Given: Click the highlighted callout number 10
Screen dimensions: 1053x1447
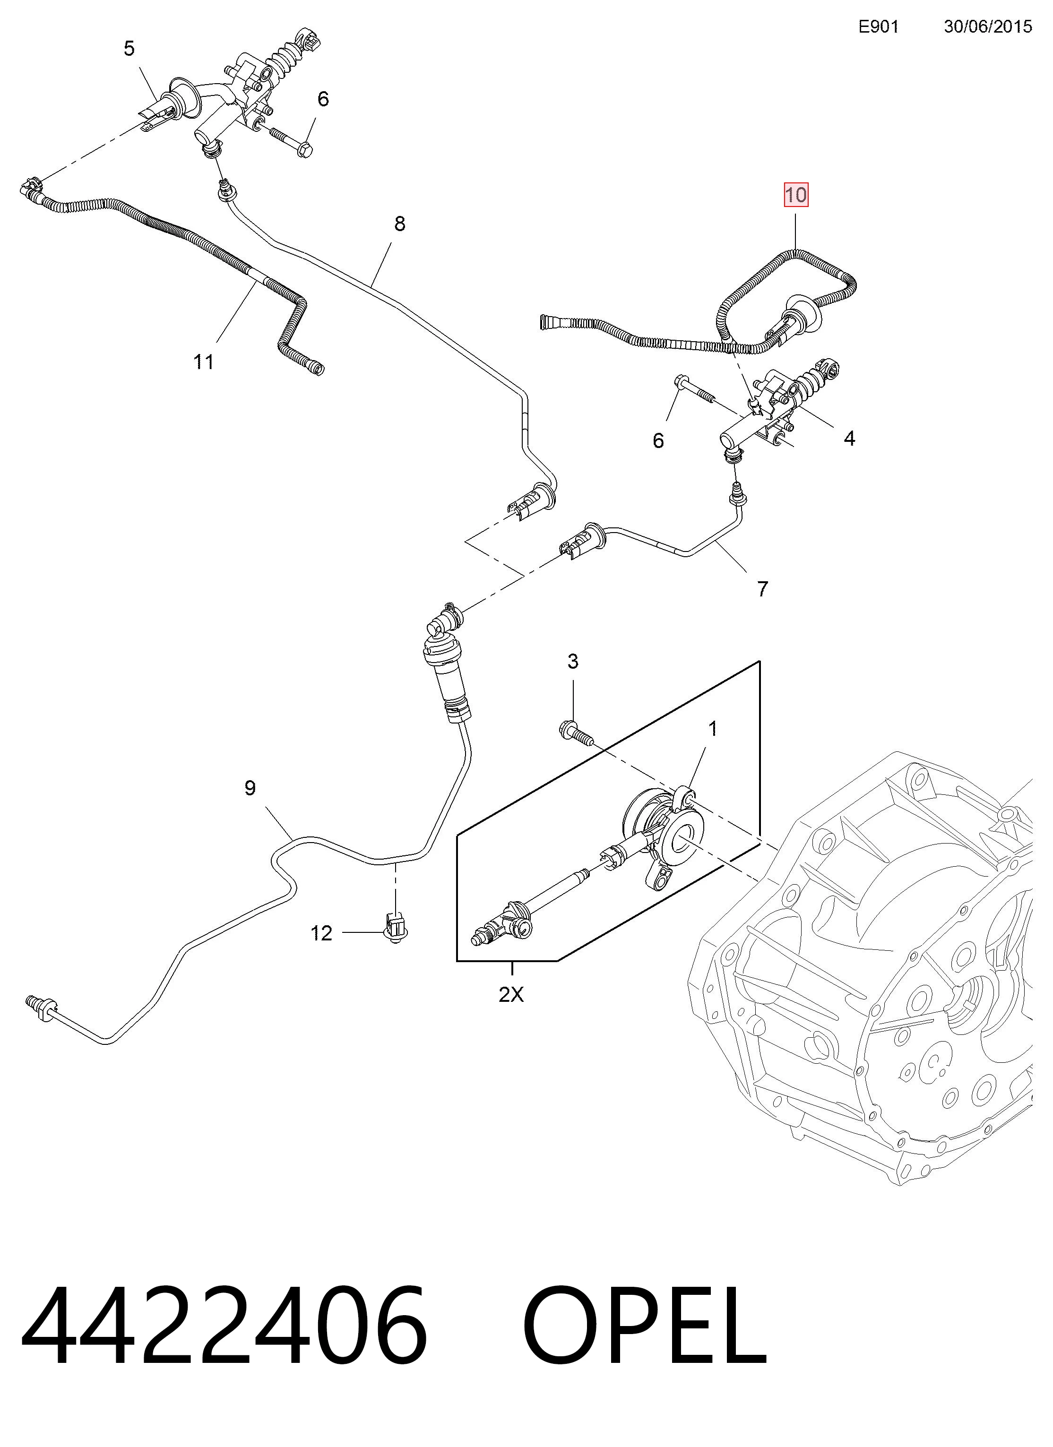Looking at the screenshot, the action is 796,195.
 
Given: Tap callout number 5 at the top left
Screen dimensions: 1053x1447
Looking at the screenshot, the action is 129,49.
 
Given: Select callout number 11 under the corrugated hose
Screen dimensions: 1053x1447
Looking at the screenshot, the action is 204,362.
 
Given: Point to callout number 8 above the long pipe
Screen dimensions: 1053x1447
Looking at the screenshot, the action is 399,224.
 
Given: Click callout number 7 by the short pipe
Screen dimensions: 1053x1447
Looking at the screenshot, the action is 763,588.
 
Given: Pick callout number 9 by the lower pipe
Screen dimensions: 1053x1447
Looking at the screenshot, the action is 250,788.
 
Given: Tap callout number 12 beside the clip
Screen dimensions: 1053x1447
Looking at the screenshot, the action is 322,933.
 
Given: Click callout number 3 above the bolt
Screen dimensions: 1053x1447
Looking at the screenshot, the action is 573,662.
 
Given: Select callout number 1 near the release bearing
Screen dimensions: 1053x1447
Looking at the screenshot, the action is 713,728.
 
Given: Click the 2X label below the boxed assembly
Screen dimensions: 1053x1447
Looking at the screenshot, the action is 511,994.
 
